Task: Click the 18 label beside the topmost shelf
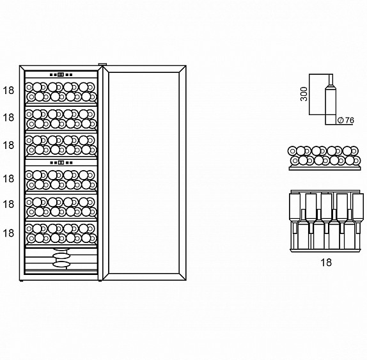point(8,90)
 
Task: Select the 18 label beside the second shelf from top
point(8,118)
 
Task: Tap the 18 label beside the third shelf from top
point(8,145)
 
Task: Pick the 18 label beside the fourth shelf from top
point(8,179)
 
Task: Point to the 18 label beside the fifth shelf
point(8,205)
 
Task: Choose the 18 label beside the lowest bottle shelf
point(8,233)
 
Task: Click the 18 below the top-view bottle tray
point(326,262)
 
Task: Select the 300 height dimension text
point(304,94)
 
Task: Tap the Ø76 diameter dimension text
point(346,120)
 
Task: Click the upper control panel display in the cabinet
point(61,75)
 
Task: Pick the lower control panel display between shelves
point(61,162)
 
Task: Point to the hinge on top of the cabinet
point(102,65)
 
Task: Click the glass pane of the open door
point(144,173)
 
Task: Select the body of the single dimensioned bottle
point(331,107)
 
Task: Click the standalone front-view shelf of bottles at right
point(324,158)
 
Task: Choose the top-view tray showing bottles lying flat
point(327,221)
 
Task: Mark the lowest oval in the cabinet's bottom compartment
point(61,265)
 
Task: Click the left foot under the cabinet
point(21,281)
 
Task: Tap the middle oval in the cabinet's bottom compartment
point(61,256)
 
